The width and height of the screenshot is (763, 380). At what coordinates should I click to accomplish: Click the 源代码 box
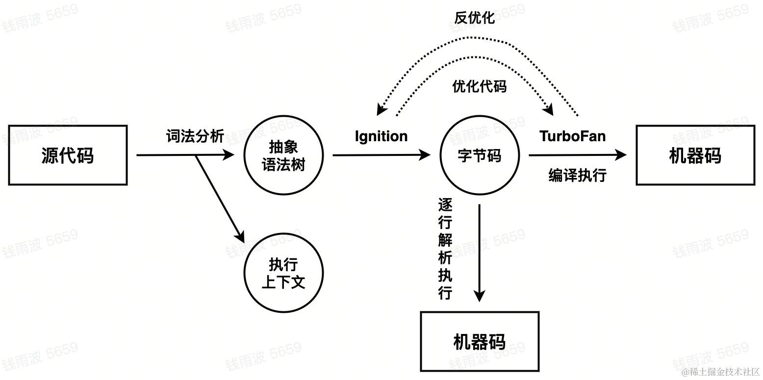(68, 155)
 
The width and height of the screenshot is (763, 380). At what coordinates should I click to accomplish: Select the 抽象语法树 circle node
(283, 155)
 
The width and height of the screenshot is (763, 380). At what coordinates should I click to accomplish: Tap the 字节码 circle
(479, 155)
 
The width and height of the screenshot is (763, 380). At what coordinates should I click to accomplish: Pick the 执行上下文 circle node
(283, 273)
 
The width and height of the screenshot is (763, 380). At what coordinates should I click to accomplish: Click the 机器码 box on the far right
(695, 155)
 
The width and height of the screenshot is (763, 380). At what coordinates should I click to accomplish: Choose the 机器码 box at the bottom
(480, 341)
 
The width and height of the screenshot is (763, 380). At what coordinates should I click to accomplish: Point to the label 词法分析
(195, 136)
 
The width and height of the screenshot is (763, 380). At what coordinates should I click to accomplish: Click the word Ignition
(381, 136)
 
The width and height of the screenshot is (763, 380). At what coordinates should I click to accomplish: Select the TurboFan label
(572, 136)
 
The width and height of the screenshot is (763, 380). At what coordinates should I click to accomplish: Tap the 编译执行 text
(577, 175)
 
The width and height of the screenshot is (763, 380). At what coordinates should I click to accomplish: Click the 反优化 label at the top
(474, 18)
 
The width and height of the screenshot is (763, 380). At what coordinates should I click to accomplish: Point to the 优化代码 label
(479, 87)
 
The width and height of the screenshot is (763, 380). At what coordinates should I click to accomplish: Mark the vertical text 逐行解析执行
(445, 249)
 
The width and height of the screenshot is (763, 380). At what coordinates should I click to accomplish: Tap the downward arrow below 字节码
(479, 253)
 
